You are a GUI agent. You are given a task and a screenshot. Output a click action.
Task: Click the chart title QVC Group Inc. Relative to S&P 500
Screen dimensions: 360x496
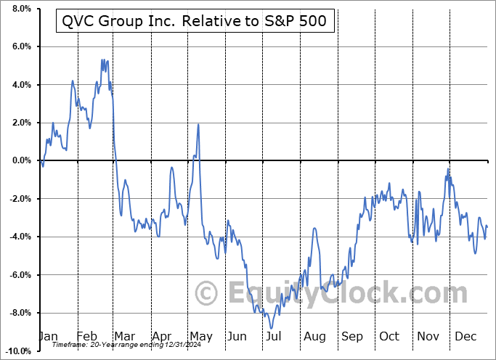tap(195, 22)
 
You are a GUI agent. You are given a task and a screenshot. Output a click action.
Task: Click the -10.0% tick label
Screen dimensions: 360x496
tap(18, 351)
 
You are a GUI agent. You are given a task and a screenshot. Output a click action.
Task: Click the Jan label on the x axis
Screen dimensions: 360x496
tap(48, 336)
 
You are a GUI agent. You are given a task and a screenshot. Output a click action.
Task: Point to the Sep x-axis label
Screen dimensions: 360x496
tap(352, 336)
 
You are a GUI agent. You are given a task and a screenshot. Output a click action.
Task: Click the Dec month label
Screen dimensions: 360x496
tap(465, 336)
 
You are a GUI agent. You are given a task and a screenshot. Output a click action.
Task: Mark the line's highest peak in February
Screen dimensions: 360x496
tap(102, 60)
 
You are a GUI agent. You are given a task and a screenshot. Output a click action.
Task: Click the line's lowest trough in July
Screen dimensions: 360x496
tap(270, 327)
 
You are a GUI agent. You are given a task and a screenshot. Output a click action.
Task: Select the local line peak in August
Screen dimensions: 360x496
tap(314, 229)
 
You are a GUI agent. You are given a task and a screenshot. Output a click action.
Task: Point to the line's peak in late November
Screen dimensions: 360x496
tap(448, 168)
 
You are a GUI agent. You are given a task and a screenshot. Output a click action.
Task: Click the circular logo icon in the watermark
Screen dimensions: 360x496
tap(208, 293)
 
